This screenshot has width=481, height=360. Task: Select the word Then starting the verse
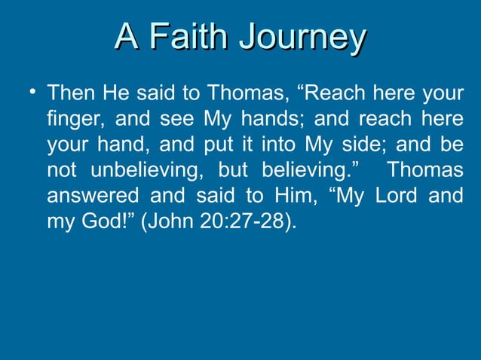click(x=70, y=96)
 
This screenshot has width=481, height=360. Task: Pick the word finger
click(x=72, y=121)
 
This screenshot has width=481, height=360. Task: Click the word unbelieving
click(x=148, y=170)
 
